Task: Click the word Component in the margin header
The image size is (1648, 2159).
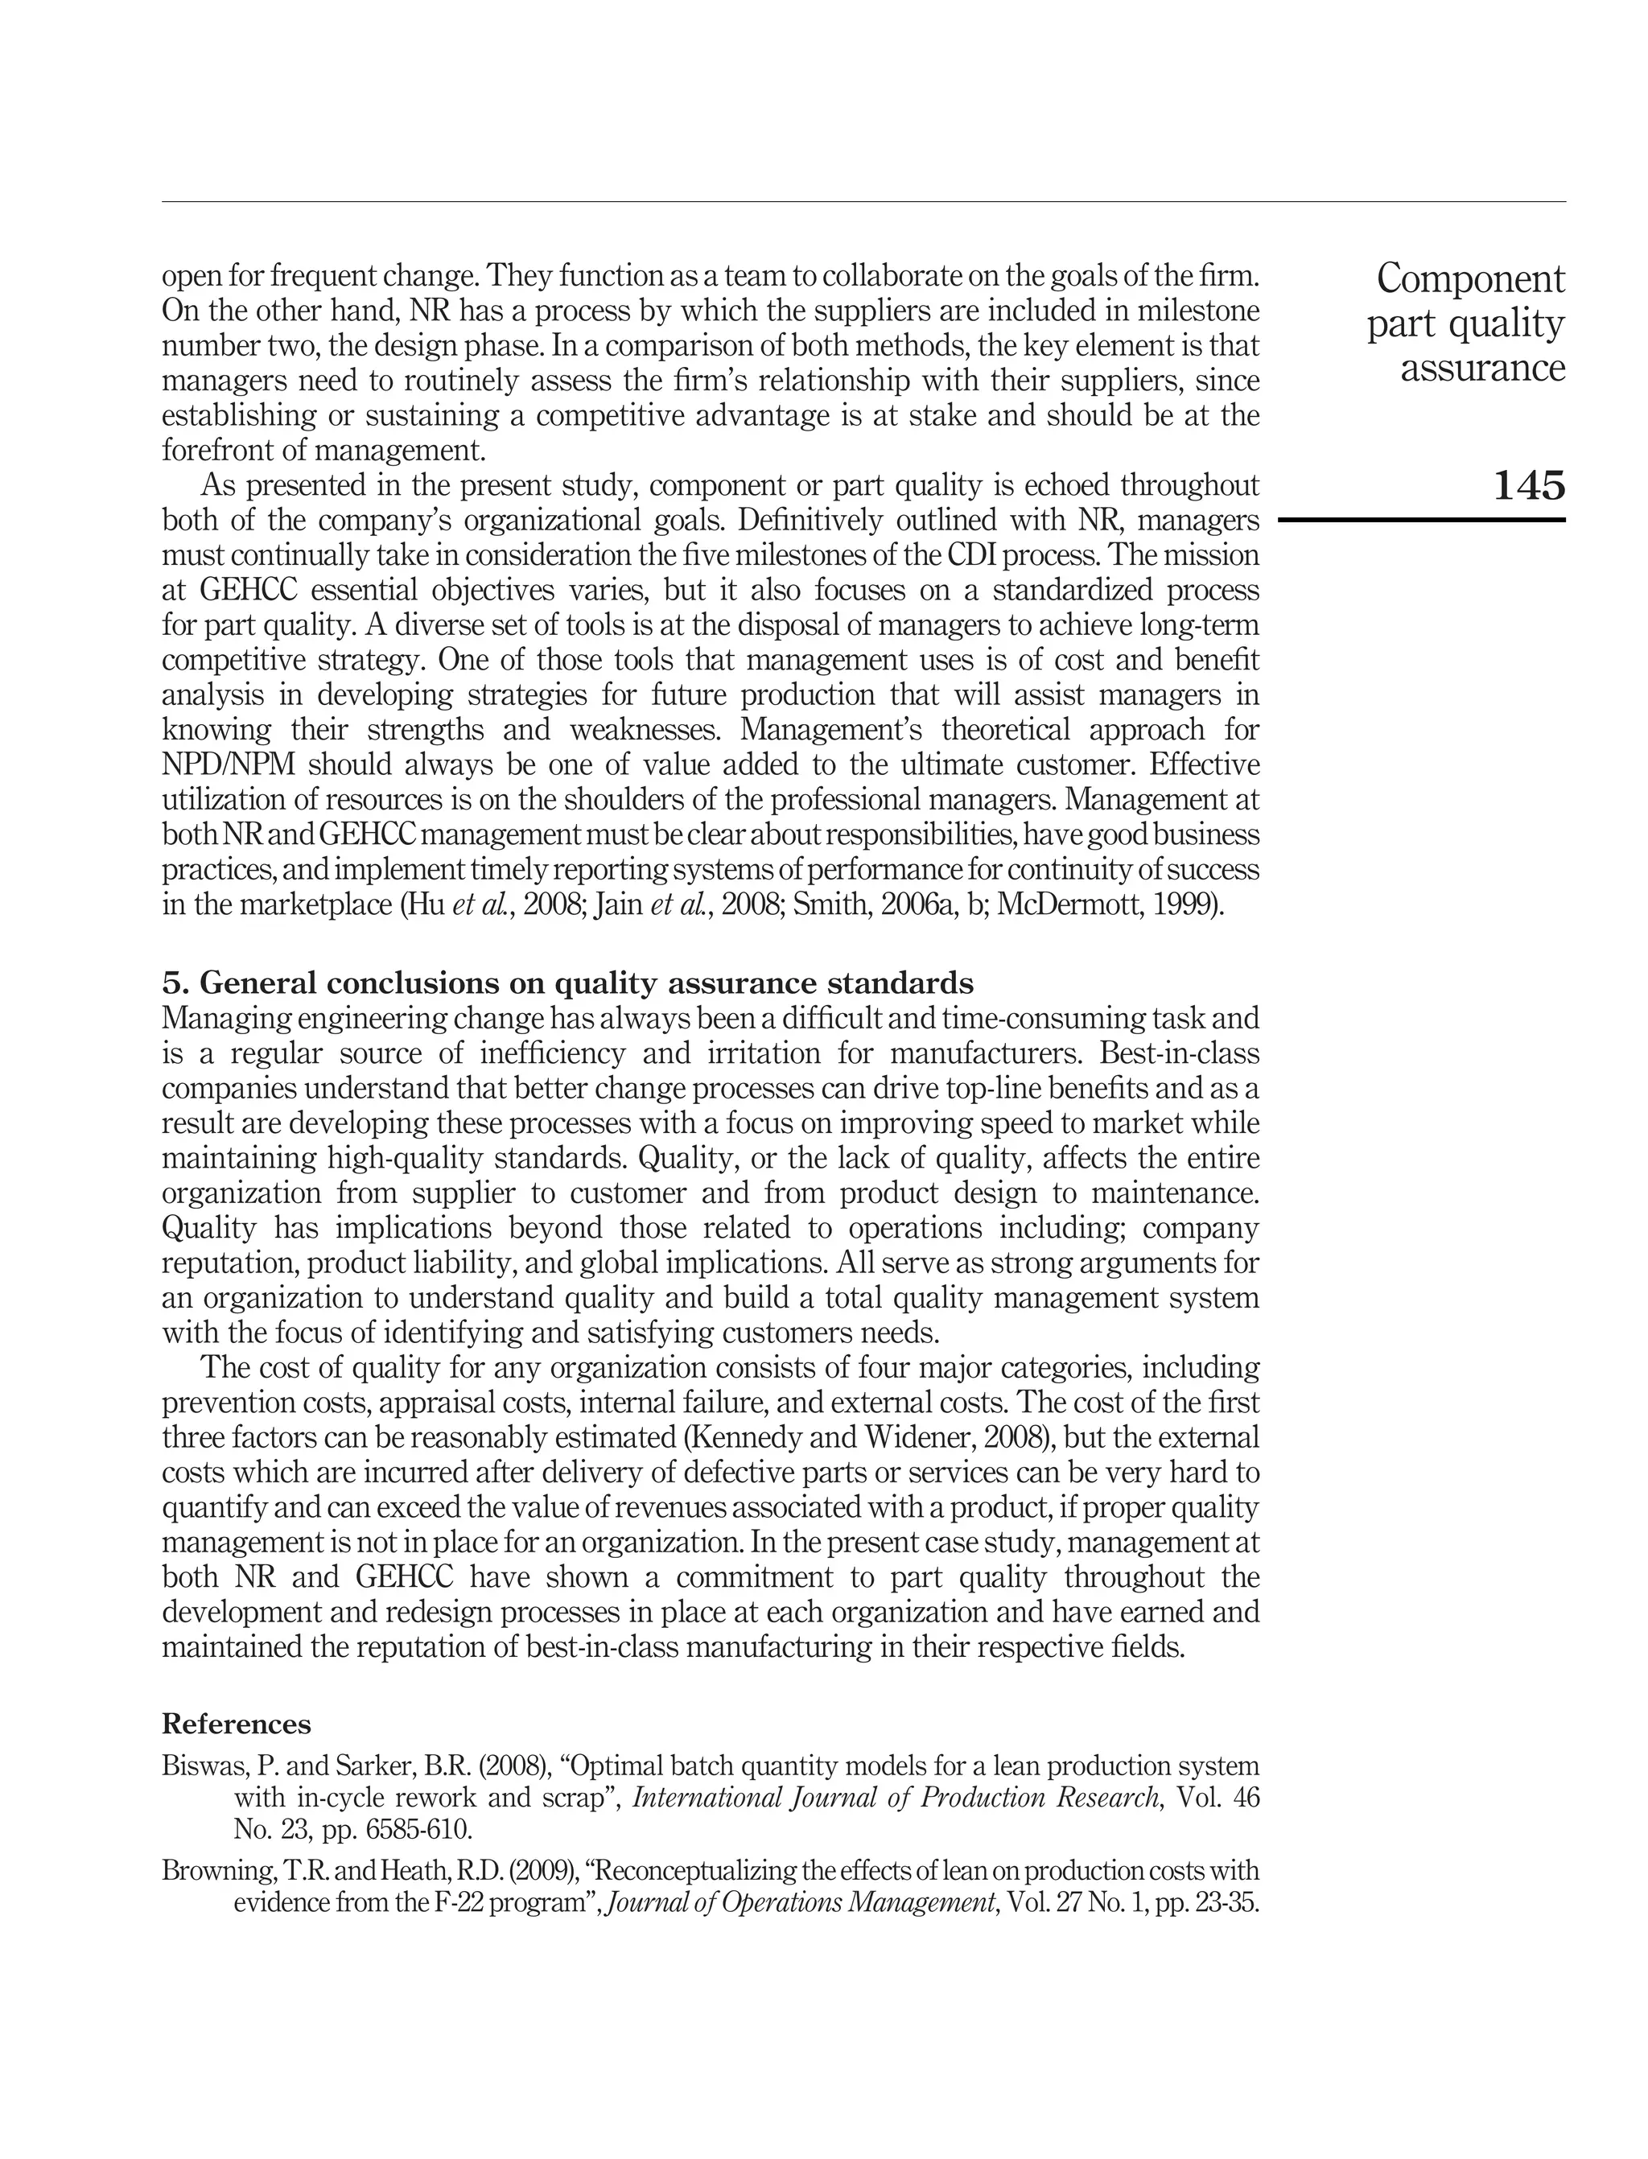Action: [1470, 279]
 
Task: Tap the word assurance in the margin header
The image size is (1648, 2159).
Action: [1482, 369]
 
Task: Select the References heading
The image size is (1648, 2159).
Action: [237, 1724]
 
